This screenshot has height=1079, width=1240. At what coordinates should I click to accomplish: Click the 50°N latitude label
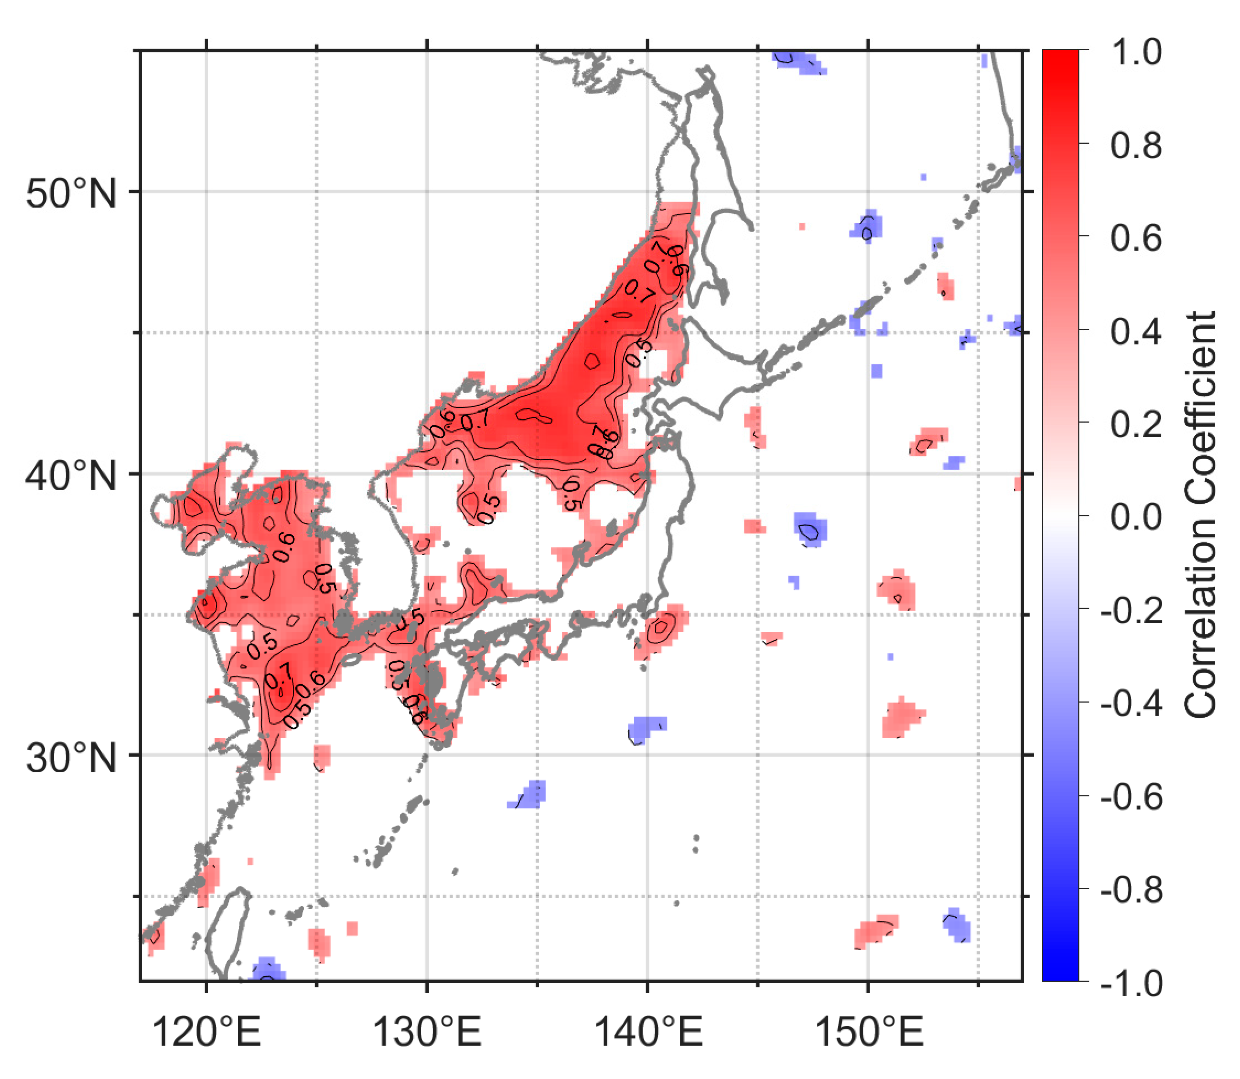(71, 194)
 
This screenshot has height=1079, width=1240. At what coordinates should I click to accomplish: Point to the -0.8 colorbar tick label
(1131, 890)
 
